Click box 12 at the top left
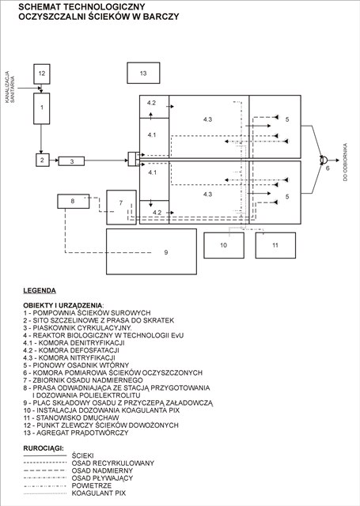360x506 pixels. point(42,74)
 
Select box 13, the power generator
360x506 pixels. point(143,73)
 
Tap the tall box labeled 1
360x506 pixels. point(42,107)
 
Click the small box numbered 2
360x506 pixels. point(42,160)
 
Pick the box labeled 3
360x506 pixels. point(71,160)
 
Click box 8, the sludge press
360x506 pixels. point(73,202)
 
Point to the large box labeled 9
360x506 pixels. point(152,251)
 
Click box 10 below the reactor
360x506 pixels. point(223,245)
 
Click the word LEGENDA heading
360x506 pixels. point(40,290)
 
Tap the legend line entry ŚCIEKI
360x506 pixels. point(83,455)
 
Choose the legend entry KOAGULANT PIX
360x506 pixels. point(99,493)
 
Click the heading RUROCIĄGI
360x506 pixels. point(44,447)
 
